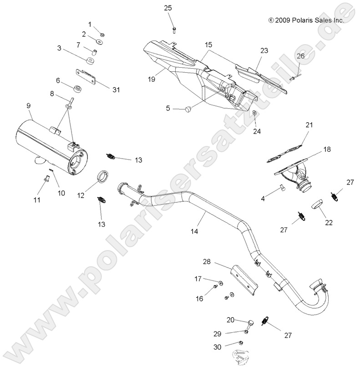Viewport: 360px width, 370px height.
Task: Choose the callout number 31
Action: (116, 90)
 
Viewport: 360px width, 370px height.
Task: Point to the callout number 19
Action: (151, 79)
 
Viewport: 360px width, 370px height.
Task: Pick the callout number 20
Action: (231, 320)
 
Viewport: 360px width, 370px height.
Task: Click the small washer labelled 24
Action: (254, 112)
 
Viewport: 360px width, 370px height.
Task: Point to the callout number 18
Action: (314, 149)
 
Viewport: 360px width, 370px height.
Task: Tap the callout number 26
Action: (313, 56)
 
